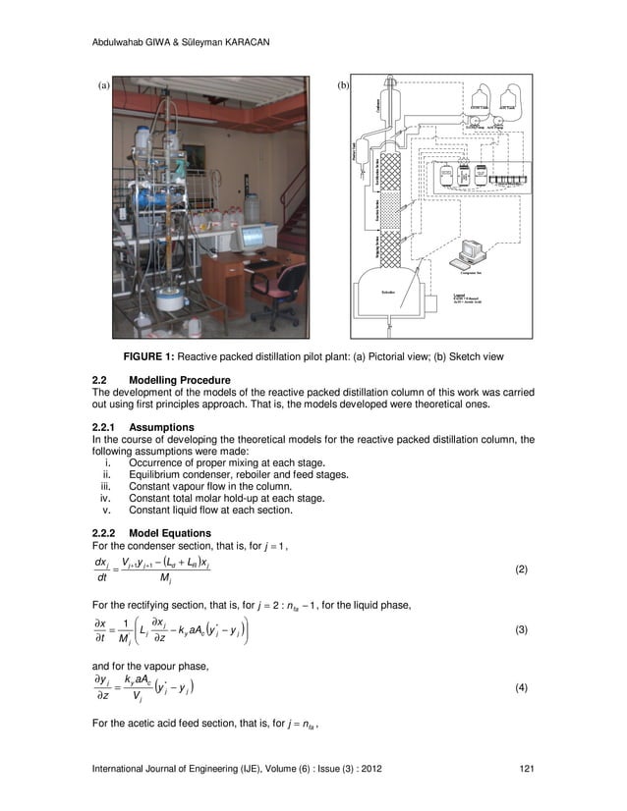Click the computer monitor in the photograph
click(253, 237)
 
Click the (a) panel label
click(102, 86)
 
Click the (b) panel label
click(344, 86)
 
